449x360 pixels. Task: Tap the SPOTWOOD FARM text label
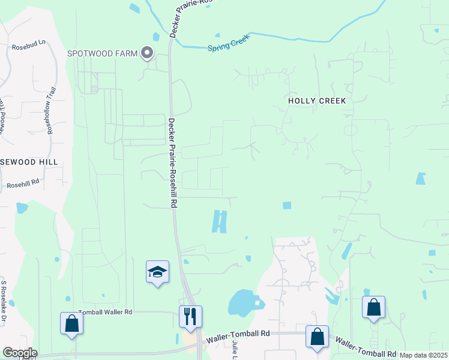(101, 54)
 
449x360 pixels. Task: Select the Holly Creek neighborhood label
(317, 101)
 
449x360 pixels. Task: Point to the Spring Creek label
(228, 44)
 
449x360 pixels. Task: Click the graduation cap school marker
(158, 272)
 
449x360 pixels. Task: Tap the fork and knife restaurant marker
(190, 316)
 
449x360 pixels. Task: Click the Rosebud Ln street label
(29, 46)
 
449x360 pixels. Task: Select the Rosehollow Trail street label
(51, 110)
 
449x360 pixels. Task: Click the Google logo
(19, 353)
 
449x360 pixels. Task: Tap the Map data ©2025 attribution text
(423, 355)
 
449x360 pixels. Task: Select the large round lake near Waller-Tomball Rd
(244, 302)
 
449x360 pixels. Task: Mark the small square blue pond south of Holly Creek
(287, 205)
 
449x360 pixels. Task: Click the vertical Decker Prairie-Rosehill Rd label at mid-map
(172, 163)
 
